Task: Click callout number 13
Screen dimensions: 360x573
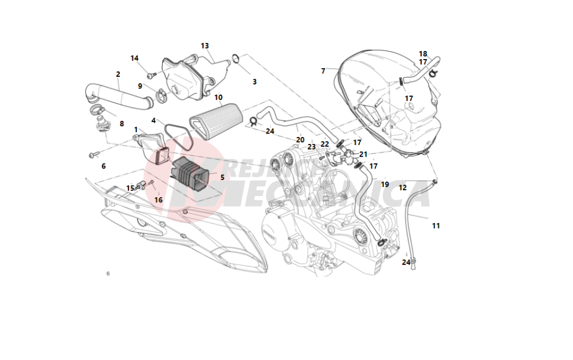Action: pos(205,46)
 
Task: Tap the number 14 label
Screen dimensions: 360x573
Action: pos(135,58)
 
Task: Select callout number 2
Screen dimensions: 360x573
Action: pos(118,74)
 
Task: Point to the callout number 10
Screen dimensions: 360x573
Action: pos(218,97)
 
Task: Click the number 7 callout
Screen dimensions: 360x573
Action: pos(323,71)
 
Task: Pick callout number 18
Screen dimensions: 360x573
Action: pos(423,54)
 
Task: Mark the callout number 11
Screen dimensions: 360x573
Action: pos(436,226)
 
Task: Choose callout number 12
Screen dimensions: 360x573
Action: pos(403,187)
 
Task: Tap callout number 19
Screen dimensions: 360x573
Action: pos(385,185)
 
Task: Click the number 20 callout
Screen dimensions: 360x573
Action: pos(300,140)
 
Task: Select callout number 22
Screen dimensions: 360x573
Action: pos(325,144)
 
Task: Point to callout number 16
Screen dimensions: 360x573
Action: pos(158,200)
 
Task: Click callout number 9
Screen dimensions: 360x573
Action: pos(140,86)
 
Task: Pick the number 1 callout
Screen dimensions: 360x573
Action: pos(136,130)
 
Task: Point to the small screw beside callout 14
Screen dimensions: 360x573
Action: pos(151,75)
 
